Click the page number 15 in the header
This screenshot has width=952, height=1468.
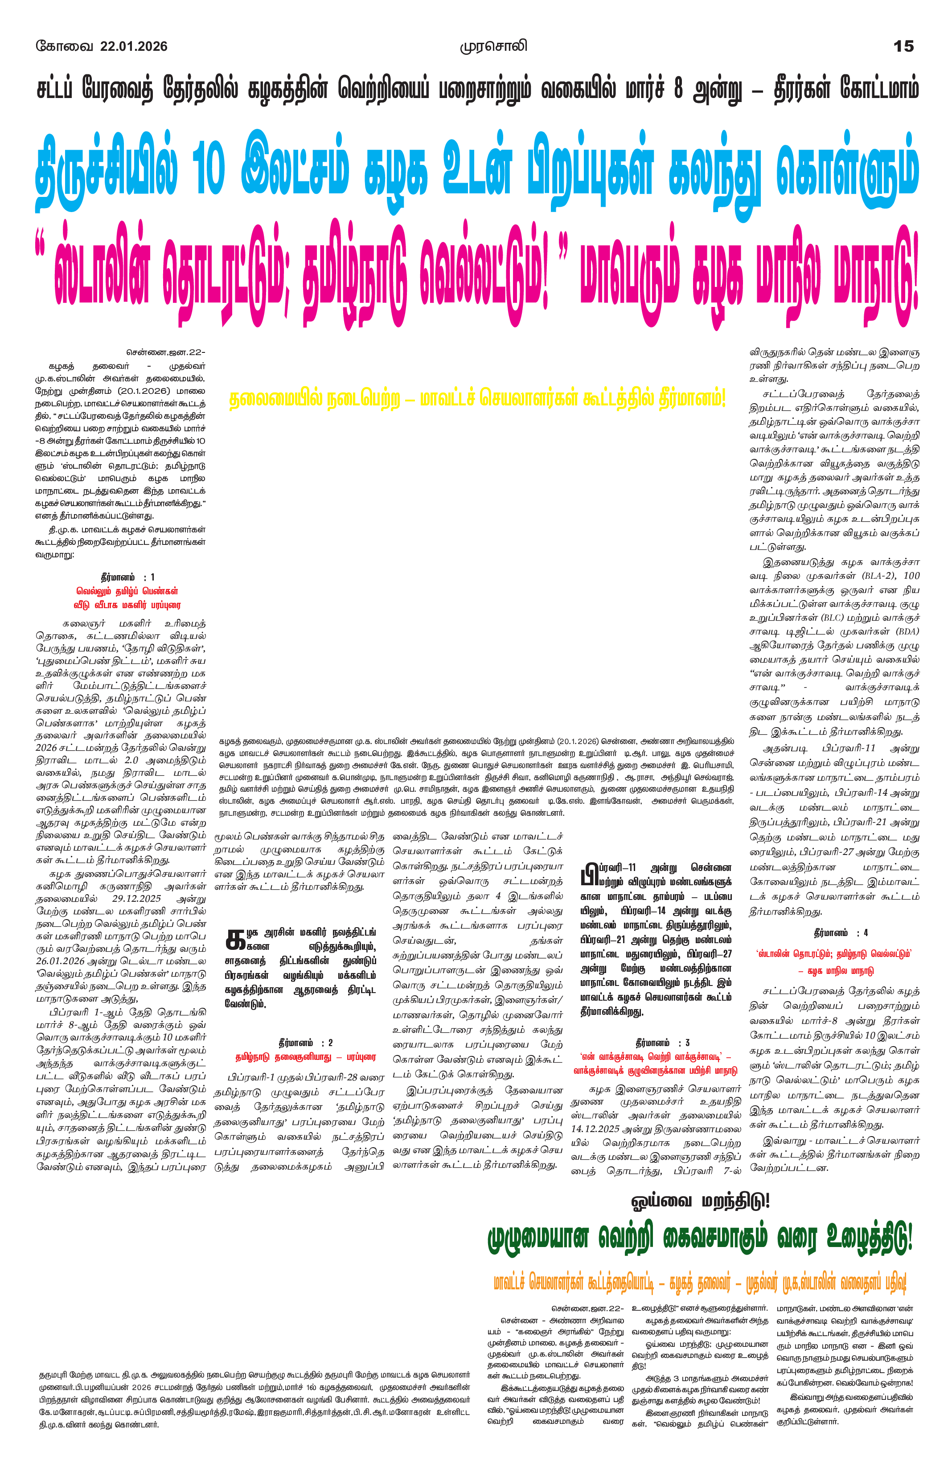(903, 46)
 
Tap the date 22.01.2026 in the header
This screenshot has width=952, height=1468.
(133, 46)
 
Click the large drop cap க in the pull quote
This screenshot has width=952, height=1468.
(235, 939)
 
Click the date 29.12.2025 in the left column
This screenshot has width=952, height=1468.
(136, 899)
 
